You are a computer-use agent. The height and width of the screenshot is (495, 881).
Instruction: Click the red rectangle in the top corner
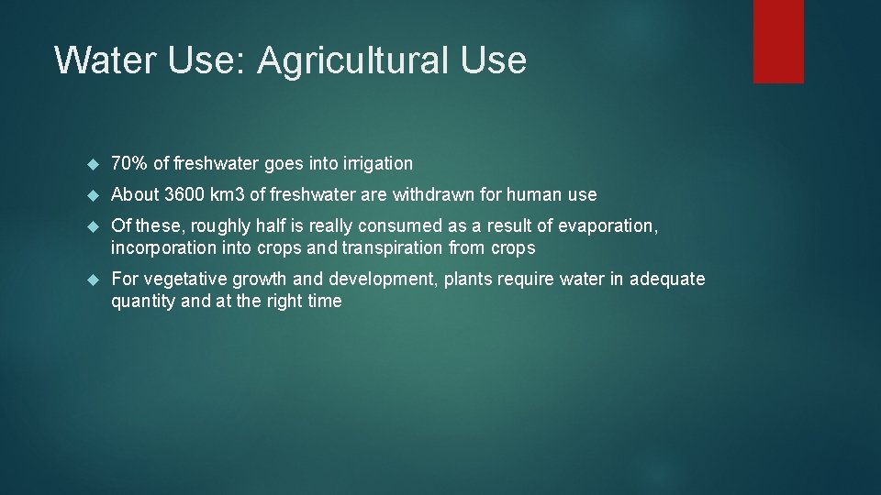pyautogui.click(x=778, y=41)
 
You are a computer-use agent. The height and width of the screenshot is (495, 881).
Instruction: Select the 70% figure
pyautogui.click(x=129, y=163)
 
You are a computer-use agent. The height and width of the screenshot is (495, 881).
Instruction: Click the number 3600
pyautogui.click(x=186, y=194)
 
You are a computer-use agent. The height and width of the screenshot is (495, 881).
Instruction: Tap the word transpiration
pyautogui.click(x=394, y=247)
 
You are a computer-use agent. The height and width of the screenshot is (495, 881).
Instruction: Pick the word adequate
pyautogui.click(x=667, y=279)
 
